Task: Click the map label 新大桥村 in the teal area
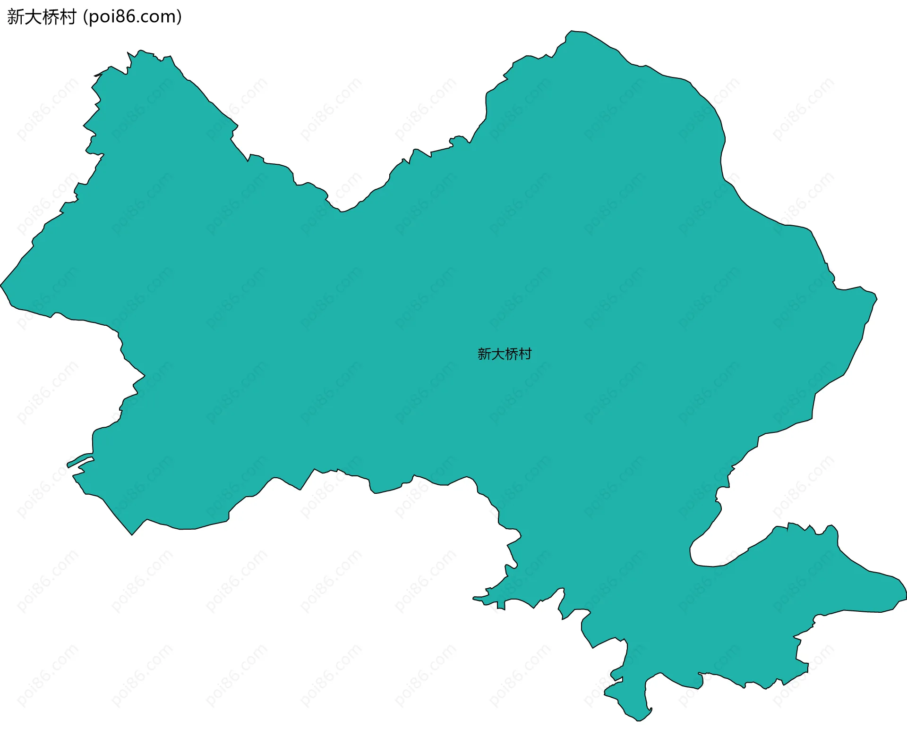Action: click(x=505, y=354)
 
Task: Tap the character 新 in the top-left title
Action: click(x=16, y=17)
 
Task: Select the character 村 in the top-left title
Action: click(x=68, y=17)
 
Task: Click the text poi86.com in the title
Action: click(x=132, y=17)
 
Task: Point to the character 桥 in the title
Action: click(x=51, y=17)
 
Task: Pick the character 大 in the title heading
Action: click(x=33, y=17)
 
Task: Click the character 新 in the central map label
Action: click(x=484, y=354)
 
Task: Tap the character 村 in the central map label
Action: click(x=525, y=354)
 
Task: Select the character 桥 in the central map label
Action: click(x=511, y=354)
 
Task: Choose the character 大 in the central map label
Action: click(x=498, y=354)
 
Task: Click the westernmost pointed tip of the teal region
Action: click(x=1, y=285)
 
